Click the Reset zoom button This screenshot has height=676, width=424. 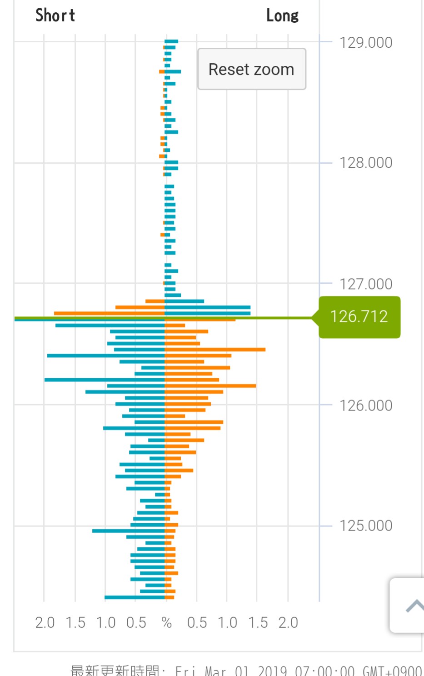coord(251,69)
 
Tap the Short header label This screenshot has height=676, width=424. coord(55,15)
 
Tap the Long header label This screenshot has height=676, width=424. coord(282,15)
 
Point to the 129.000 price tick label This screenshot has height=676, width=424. coord(366,43)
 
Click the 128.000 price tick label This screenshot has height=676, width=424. coord(366,163)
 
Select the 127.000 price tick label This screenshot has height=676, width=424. coord(366,284)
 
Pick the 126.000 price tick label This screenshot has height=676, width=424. coord(366,406)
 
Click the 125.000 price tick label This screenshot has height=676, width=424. coord(366,526)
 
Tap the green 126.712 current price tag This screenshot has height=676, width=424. coord(359,316)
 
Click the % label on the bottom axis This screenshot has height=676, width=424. coord(167,623)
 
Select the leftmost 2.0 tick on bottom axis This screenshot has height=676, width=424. coord(45,623)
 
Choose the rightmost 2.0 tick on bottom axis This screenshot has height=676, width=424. coord(288,623)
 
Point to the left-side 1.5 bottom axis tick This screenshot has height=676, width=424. coord(75,623)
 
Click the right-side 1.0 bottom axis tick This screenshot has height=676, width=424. coord(227,623)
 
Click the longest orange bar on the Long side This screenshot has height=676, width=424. coord(215,350)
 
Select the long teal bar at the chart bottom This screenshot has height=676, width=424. coord(135,597)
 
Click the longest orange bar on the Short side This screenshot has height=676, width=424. coord(109,313)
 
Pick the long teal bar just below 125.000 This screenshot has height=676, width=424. coord(128,531)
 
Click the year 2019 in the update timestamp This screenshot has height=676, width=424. coord(272,671)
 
